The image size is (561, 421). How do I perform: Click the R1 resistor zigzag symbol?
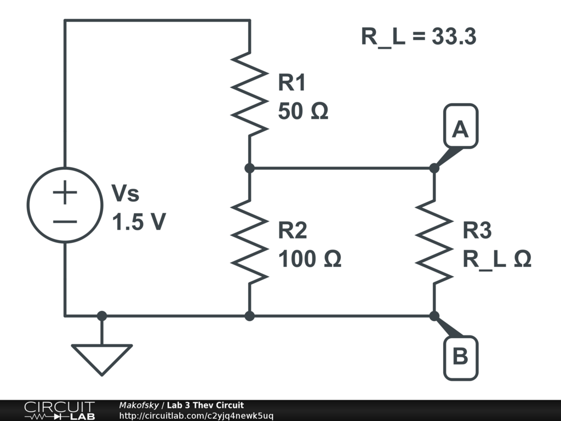click(250, 94)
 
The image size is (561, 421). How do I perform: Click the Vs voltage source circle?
click(65, 205)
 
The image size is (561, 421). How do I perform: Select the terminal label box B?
click(460, 357)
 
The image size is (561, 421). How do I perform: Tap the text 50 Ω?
click(303, 112)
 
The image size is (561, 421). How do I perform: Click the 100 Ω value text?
click(310, 259)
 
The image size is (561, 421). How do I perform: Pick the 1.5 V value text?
click(139, 222)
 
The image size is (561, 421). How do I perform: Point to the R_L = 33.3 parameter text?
click(419, 37)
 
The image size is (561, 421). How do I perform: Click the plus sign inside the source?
click(65, 193)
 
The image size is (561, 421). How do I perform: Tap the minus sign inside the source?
click(65, 221)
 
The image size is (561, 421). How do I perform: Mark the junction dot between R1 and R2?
click(250, 168)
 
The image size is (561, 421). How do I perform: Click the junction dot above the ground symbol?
click(102, 316)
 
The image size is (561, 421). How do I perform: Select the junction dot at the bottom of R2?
click(250, 316)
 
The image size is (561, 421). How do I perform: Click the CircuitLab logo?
click(59, 411)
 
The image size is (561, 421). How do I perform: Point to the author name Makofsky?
click(139, 405)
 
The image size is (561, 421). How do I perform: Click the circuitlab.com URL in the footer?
click(196, 416)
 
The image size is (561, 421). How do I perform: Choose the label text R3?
click(477, 231)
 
